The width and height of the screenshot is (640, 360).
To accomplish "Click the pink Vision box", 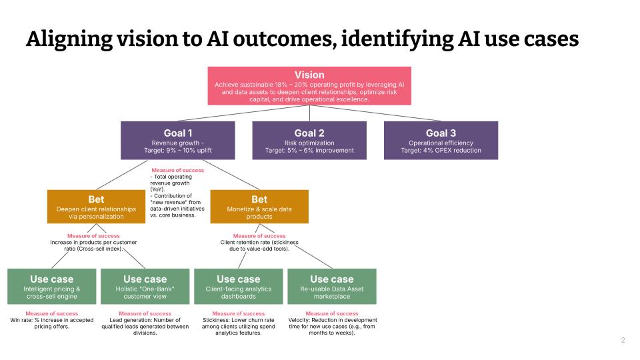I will [x=309, y=85].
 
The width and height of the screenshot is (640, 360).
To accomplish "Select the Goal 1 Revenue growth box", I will [x=177, y=141].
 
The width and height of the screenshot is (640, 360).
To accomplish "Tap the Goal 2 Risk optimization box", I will [x=309, y=141].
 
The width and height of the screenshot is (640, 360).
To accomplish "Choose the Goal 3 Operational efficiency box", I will [x=441, y=141].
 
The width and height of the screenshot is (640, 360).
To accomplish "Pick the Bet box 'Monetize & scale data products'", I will [x=259, y=207].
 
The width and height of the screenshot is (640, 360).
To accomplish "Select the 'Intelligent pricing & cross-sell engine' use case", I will [x=51, y=286].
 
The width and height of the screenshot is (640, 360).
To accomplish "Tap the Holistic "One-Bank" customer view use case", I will [x=145, y=286].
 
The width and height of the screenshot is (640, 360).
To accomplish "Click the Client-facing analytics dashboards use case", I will [x=238, y=286].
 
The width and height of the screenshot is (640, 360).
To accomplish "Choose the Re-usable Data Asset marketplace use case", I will [x=331, y=286].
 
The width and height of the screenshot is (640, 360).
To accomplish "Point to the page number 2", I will [x=623, y=341].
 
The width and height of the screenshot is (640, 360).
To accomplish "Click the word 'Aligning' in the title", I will [x=64, y=39].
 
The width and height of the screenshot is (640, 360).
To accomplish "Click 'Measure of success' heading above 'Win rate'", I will [x=51, y=313].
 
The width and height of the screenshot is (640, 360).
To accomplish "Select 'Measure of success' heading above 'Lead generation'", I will [x=145, y=313].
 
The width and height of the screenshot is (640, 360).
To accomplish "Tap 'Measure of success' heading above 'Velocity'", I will [x=331, y=313].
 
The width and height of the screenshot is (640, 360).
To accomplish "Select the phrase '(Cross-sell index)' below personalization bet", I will [x=103, y=248].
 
